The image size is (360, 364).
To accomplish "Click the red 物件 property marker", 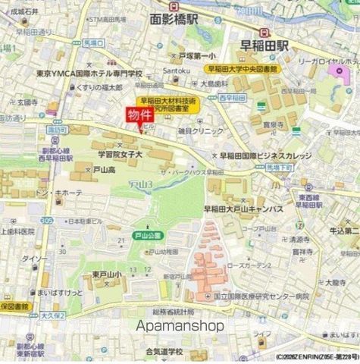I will (x=139, y=116).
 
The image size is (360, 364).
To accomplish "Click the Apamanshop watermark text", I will (x=180, y=325).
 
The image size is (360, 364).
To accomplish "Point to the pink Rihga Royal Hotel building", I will (x=337, y=74).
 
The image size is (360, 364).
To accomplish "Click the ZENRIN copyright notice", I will (x=315, y=357).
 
